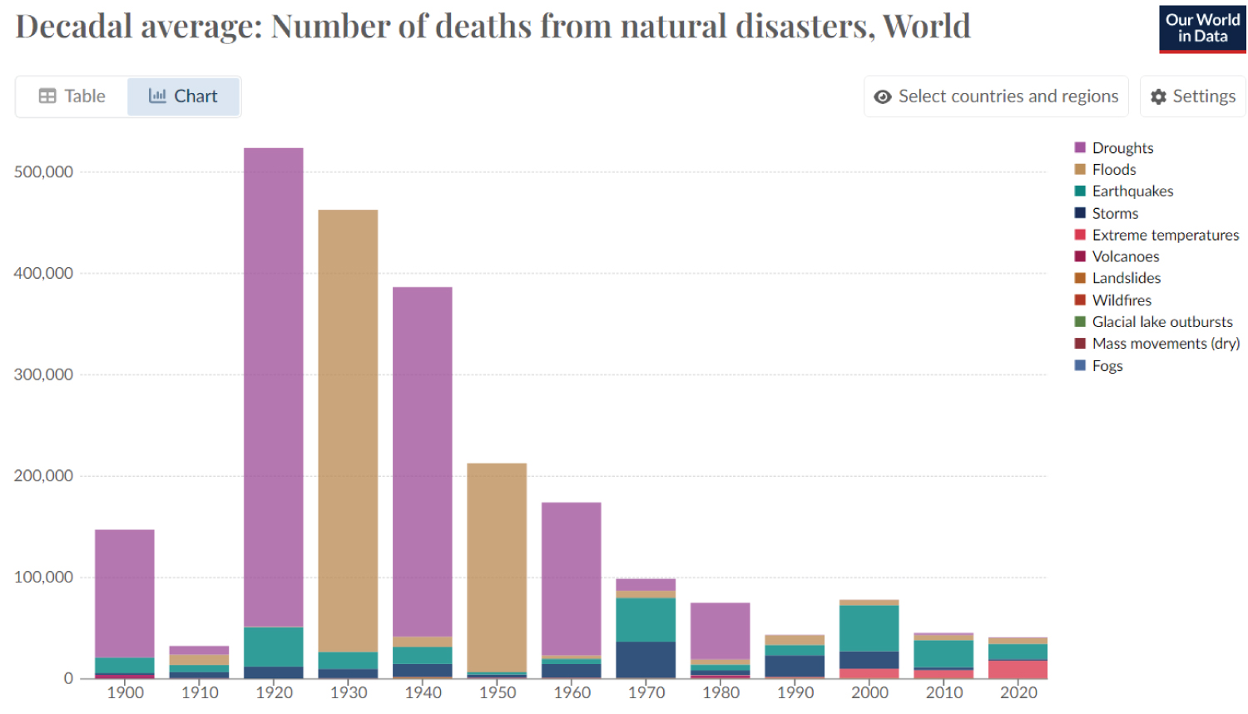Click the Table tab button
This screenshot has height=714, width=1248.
pos(72,97)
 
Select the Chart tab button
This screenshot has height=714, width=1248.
pos(183,97)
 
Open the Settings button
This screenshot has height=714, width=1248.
pos(1192,97)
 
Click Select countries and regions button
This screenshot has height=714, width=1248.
pos(996,97)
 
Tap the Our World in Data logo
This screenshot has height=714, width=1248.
pos(1202,29)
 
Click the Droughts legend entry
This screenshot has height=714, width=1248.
pos(1122,148)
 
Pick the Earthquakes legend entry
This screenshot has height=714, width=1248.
pos(1132,191)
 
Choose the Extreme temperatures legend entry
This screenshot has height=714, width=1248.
pos(1165,236)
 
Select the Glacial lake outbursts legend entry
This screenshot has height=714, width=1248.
pos(1161,322)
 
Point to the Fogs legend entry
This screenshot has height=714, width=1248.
pos(1107,366)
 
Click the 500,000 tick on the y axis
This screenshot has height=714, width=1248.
pos(43,172)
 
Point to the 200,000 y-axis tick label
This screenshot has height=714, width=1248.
pos(43,476)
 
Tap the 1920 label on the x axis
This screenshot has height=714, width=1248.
pos(274,692)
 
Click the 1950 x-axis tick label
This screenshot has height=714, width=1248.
pos(498,692)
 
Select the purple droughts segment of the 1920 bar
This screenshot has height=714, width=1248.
pos(274,383)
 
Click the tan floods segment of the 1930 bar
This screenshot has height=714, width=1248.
pos(348,429)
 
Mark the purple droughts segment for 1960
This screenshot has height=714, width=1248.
pos(572,578)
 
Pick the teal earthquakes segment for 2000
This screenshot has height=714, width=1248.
pos(869,628)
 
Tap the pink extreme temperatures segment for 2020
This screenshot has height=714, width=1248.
pos(1018,670)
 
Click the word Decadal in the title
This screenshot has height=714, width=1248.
pos(74,27)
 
